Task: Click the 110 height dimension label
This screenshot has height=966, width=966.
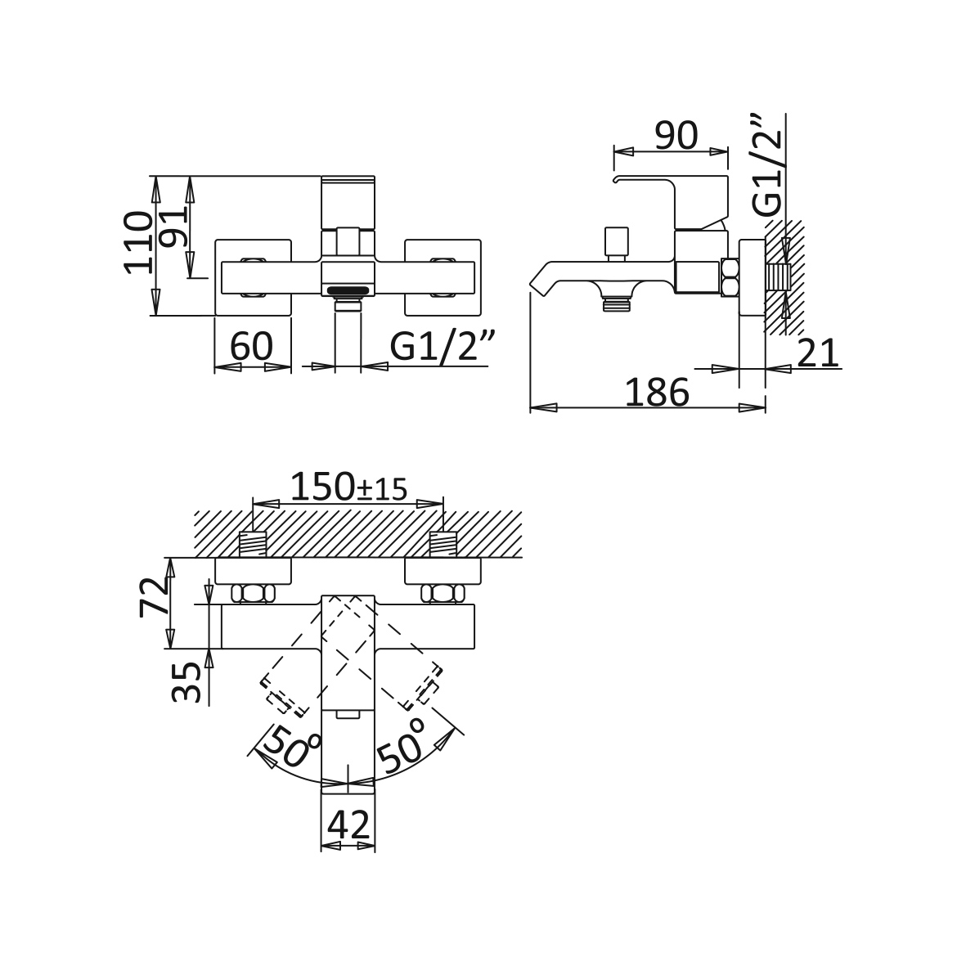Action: click(137, 242)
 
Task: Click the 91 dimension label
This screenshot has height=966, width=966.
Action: click(172, 228)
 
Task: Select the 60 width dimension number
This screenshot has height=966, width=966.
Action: click(251, 346)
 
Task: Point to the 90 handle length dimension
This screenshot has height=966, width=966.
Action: click(676, 136)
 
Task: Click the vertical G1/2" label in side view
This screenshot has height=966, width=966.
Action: click(767, 165)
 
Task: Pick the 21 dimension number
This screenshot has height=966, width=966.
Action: click(818, 353)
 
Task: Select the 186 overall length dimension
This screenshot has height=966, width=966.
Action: click(658, 393)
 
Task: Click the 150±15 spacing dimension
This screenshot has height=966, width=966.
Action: click(348, 487)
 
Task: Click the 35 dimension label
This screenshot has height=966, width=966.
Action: click(186, 683)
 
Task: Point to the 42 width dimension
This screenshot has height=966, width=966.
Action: click(348, 825)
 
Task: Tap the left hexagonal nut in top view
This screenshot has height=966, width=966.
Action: click(253, 594)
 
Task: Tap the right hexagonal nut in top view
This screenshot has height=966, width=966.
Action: click(443, 594)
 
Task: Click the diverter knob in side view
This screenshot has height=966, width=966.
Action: click(617, 245)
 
